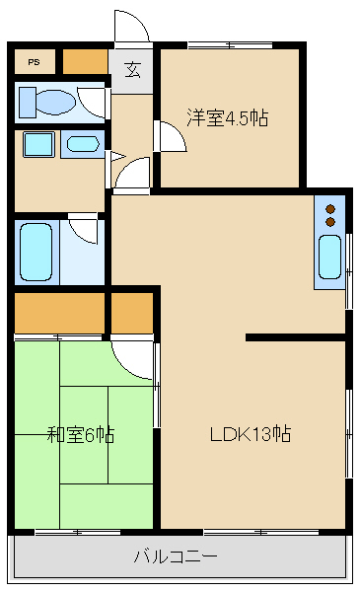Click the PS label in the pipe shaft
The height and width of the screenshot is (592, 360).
point(35,61)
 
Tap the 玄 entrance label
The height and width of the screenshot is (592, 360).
point(131,69)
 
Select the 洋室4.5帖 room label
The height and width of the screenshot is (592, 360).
point(227,118)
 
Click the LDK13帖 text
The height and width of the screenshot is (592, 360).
point(250,433)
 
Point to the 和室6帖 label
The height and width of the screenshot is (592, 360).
point(81,433)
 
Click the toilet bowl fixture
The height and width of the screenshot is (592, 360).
point(54,102)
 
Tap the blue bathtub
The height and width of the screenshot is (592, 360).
point(36,253)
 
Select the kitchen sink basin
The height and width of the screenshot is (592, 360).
point(328,258)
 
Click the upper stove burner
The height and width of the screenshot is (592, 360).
point(330,208)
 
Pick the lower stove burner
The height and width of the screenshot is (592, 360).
point(330,222)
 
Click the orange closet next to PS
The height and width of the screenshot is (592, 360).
point(85,61)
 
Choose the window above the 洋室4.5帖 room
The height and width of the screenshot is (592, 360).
point(229,44)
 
